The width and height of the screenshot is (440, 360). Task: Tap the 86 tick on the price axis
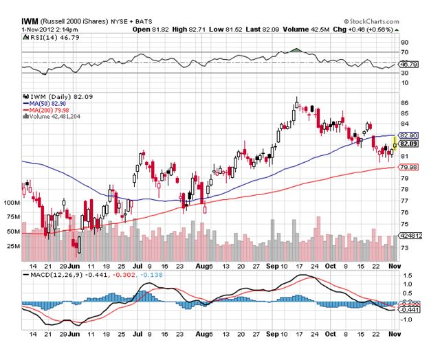point(404,104)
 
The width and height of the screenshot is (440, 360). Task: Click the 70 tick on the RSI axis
point(404,52)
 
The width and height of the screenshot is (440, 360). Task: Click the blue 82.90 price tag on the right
point(408,136)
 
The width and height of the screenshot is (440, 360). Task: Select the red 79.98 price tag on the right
point(408,167)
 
